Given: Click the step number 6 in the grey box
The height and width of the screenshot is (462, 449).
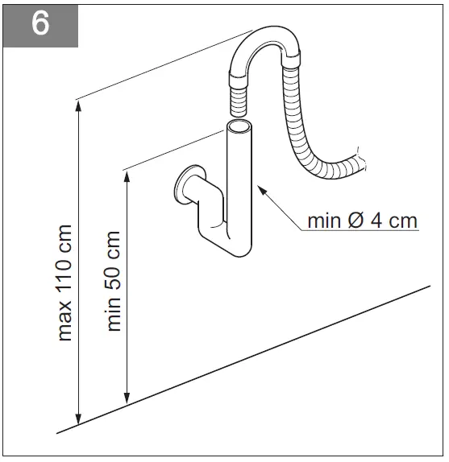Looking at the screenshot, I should pos(41,23).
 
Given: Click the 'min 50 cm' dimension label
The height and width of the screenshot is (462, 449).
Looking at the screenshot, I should pos(114,281).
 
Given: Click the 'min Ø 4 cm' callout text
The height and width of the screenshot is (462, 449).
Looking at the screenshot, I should pos(362,220).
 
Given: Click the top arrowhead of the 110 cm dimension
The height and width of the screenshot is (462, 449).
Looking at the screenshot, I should pos(78,104).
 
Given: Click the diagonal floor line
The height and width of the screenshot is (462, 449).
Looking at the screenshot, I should pos(242,359).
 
